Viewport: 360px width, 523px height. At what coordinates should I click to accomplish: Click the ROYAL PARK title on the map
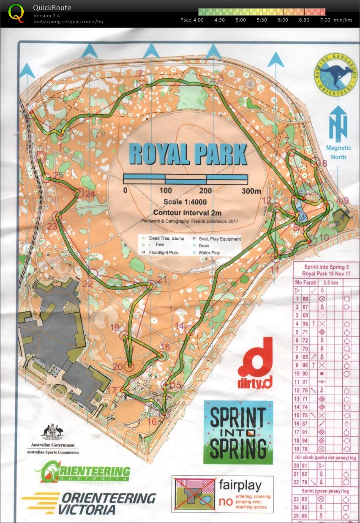tap(188, 154)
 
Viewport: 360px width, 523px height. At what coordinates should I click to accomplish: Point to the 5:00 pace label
tap(241, 20)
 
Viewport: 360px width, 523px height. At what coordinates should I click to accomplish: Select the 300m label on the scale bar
tap(251, 191)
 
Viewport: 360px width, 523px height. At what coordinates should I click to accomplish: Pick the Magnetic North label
tap(338, 152)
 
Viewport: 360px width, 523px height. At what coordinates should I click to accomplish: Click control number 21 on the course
tap(162, 279)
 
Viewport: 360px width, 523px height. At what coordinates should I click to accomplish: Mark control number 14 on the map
tap(180, 326)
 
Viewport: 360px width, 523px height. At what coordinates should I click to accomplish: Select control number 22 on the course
tap(87, 284)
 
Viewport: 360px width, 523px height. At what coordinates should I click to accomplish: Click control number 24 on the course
tap(90, 194)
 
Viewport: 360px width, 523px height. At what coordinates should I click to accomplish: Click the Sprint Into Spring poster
tap(238, 432)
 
